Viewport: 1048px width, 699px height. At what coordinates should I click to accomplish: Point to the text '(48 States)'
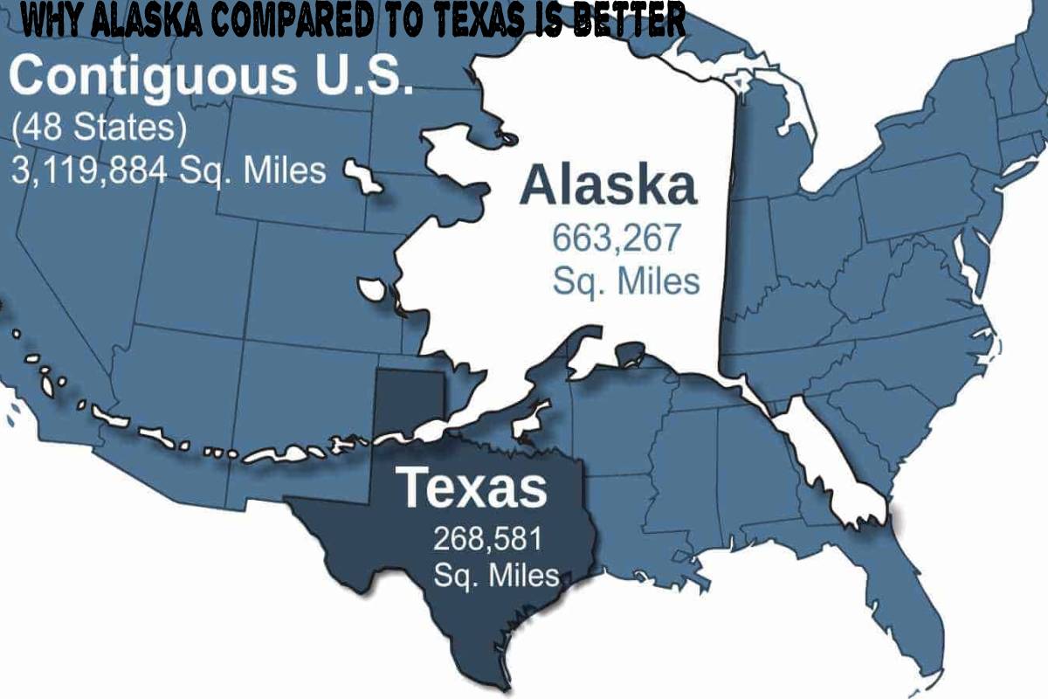click(99, 128)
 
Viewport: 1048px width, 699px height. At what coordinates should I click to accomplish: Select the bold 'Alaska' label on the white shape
click(609, 186)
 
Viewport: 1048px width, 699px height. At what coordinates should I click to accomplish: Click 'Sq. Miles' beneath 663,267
click(626, 281)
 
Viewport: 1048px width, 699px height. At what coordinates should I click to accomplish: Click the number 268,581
click(487, 538)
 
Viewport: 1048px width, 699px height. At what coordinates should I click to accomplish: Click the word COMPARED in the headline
click(293, 22)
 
